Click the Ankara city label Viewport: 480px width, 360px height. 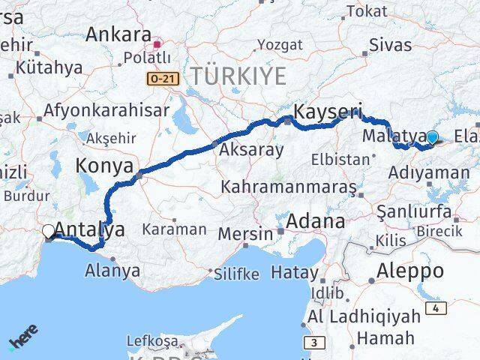[118, 34]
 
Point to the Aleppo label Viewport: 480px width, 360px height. [412, 271]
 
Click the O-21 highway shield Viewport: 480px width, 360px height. [162, 78]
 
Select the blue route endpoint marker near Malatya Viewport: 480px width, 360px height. [432, 137]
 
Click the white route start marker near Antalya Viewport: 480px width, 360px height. [49, 231]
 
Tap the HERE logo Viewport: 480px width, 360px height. [24, 338]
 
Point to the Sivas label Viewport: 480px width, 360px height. [391, 44]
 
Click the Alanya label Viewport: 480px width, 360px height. [114, 271]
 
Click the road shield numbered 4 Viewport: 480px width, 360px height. [436, 308]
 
